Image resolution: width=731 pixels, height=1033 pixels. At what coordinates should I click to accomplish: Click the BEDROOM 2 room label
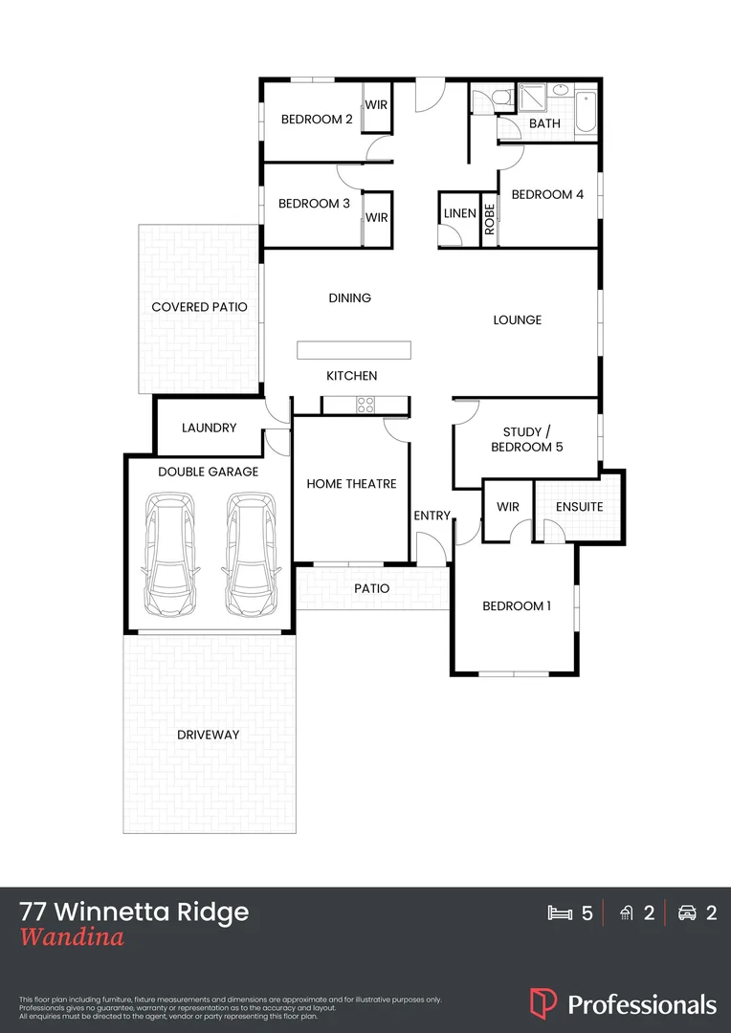pyautogui.click(x=317, y=120)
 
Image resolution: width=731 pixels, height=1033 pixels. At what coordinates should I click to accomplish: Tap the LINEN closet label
pyautogui.click(x=460, y=213)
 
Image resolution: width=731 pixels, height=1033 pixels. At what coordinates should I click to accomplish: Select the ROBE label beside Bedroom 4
pyautogui.click(x=489, y=219)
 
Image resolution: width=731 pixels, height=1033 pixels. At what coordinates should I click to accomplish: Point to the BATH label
pyautogui.click(x=544, y=123)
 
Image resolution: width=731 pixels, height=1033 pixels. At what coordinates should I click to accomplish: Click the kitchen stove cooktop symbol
pyautogui.click(x=365, y=406)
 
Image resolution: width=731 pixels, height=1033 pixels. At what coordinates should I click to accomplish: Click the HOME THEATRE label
pyautogui.click(x=351, y=484)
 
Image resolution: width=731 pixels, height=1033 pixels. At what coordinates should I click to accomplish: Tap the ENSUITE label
pyautogui.click(x=579, y=506)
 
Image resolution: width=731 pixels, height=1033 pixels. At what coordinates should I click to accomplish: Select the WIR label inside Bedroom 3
pyautogui.click(x=377, y=218)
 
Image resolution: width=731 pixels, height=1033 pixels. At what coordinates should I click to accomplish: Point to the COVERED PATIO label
pyautogui.click(x=199, y=307)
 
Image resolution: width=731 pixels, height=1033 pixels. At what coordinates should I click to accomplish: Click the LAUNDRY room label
pyautogui.click(x=209, y=428)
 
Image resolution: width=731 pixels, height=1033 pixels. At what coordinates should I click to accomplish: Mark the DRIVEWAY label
pyautogui.click(x=208, y=735)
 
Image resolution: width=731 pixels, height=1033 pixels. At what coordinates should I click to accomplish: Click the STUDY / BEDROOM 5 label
pyautogui.click(x=521, y=439)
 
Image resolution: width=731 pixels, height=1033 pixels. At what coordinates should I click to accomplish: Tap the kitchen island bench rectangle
pyautogui.click(x=353, y=349)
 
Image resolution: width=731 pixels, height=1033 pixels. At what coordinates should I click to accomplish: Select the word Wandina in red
pyautogui.click(x=72, y=937)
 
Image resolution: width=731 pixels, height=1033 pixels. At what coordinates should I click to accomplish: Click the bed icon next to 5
pyautogui.click(x=558, y=913)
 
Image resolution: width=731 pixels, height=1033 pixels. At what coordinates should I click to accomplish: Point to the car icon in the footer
pyautogui.click(x=686, y=913)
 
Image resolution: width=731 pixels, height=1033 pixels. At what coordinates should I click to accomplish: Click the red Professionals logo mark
pyautogui.click(x=543, y=1002)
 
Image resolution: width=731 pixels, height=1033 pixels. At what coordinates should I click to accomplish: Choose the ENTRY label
pyautogui.click(x=432, y=516)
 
